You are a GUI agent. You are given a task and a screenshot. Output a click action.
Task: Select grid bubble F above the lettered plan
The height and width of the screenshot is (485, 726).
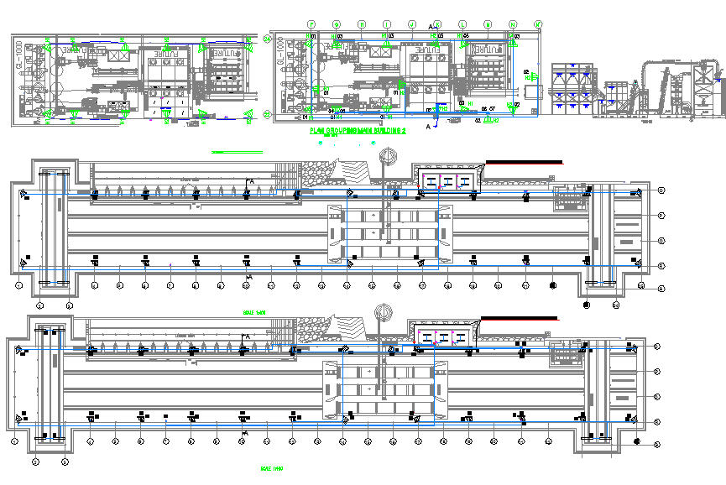coord(311,23)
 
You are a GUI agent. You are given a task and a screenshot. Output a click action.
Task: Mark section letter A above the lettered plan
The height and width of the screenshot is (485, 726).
coord(432,28)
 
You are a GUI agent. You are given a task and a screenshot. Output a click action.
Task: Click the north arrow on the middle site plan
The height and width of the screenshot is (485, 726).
coord(388,156)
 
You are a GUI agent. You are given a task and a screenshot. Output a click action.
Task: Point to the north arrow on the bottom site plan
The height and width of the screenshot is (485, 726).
coord(383,311)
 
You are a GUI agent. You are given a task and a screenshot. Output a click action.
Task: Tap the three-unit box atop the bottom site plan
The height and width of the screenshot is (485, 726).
coord(439,336)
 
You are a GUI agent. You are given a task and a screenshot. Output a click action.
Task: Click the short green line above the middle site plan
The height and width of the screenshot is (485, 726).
coord(236,152)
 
